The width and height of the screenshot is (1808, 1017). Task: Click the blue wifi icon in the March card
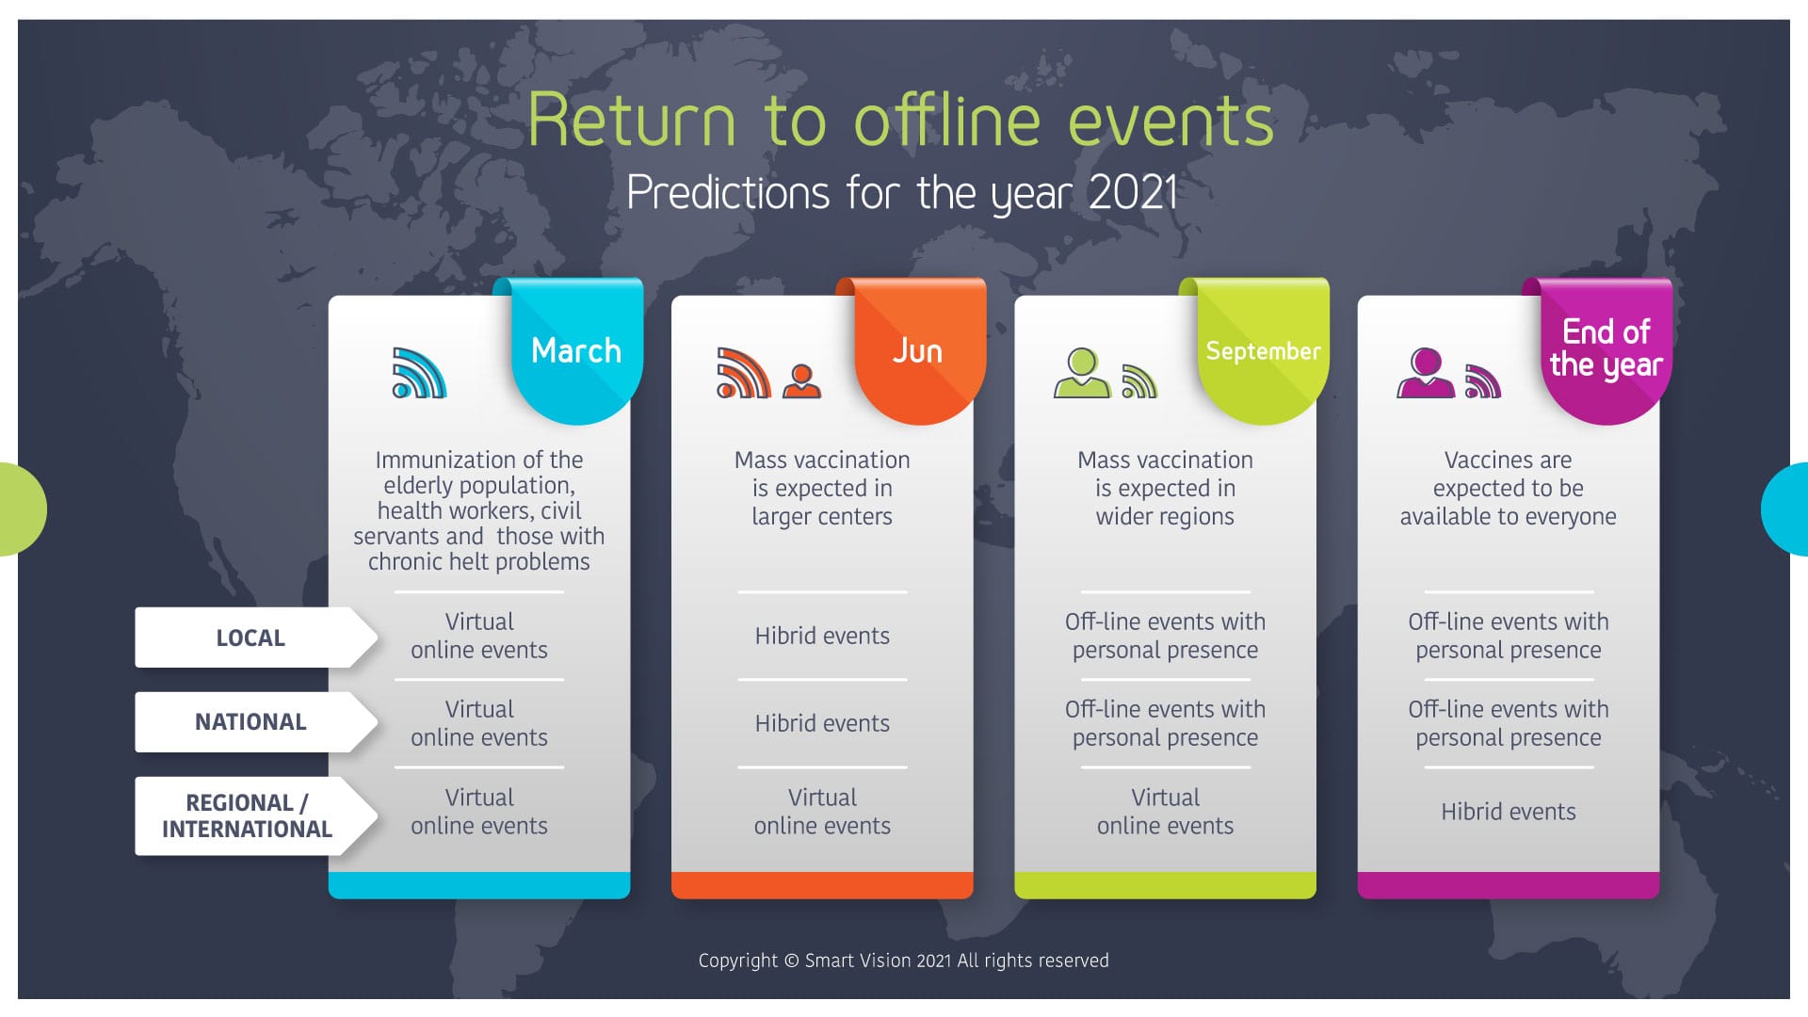419,373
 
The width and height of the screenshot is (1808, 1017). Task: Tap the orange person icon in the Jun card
801,381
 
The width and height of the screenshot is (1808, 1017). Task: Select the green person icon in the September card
1082,373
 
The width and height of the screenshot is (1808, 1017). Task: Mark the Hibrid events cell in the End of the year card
1509,812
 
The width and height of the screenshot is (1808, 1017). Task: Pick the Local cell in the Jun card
822,636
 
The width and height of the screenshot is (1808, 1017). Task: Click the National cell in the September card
1166,723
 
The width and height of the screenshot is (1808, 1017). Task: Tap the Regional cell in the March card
479,812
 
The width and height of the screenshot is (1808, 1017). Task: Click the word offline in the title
947,120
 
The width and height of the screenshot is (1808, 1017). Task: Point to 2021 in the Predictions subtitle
1133,193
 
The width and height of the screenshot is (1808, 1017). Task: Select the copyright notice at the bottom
904,960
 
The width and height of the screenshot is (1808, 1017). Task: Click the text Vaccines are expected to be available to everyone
1509,488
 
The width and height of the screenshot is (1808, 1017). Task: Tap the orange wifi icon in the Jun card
744,373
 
